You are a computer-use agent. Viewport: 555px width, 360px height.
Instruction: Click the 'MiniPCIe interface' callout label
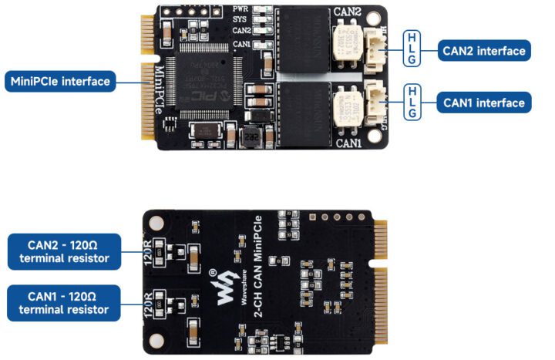[x=60, y=81]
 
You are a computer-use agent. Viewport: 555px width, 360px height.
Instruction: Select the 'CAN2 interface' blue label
[x=483, y=51]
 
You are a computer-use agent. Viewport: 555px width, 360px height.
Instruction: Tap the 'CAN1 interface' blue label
[x=483, y=103]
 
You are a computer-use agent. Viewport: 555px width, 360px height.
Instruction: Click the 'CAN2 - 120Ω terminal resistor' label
[x=64, y=252]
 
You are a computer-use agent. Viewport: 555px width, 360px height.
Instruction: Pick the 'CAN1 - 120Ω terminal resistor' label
[x=64, y=303]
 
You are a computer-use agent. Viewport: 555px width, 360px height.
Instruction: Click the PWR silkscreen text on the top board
[x=240, y=9]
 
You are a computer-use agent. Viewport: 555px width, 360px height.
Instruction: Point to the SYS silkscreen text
[x=240, y=19]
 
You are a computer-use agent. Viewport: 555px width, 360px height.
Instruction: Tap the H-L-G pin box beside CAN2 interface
[x=412, y=51]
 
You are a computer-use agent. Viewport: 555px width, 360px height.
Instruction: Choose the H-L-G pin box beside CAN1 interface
[x=412, y=102]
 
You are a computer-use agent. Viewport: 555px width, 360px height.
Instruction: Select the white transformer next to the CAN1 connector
[x=345, y=104]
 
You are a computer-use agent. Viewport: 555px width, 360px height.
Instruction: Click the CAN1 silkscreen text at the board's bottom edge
[x=348, y=143]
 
